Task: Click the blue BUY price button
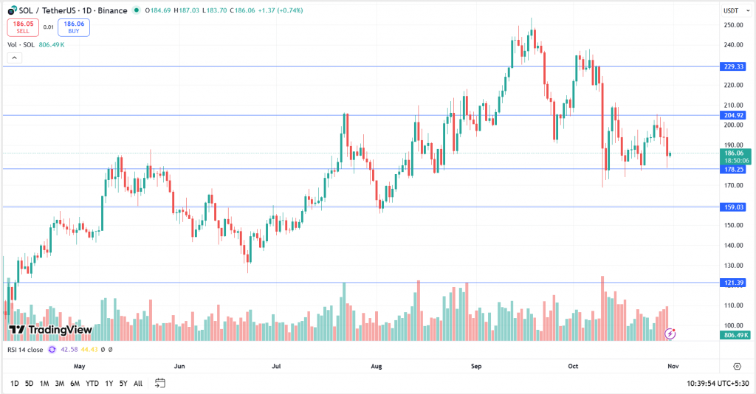point(74,27)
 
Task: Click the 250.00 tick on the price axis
point(732,25)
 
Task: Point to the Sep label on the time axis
point(476,365)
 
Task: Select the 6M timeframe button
point(75,384)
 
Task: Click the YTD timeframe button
point(92,384)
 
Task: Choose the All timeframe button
point(138,384)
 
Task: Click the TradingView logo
point(50,329)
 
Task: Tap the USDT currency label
point(732,10)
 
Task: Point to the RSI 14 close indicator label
point(26,349)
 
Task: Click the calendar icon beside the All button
point(159,383)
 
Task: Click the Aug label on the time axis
point(376,365)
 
